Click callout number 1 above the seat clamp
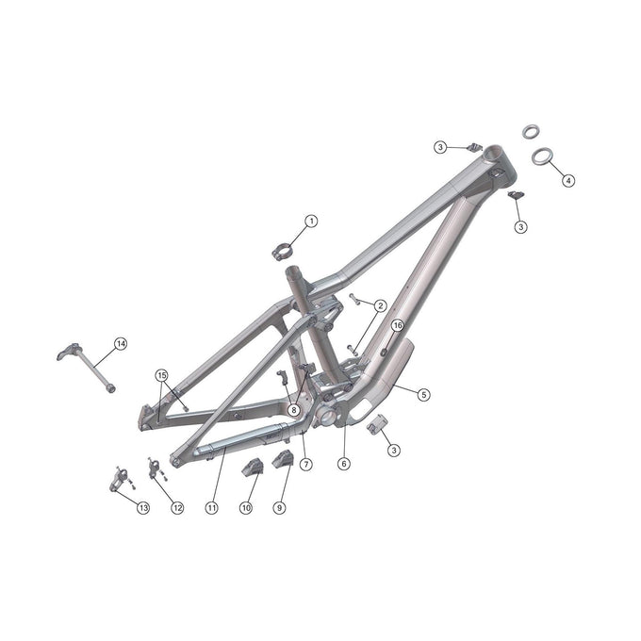(x=311, y=221)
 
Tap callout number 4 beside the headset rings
(x=567, y=178)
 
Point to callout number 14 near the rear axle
(x=120, y=344)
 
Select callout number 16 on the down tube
(x=397, y=325)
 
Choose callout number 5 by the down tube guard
(x=424, y=394)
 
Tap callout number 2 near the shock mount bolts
(x=379, y=305)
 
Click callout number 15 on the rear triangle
(x=161, y=375)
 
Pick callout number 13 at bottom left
(x=143, y=508)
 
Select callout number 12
(x=177, y=508)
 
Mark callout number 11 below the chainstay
(x=211, y=508)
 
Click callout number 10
(x=245, y=508)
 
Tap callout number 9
(x=279, y=508)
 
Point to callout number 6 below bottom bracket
(x=344, y=464)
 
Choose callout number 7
(x=305, y=464)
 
